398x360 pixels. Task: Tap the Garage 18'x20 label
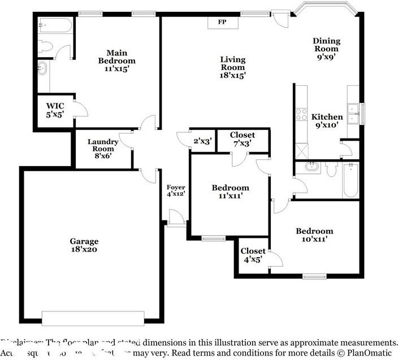pyautogui.click(x=84, y=245)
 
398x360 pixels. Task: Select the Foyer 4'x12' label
pyautogui.click(x=176, y=190)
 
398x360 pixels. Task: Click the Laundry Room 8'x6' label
pyautogui.click(x=103, y=149)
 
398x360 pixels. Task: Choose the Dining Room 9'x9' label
pyautogui.click(x=327, y=49)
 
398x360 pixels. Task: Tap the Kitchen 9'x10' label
pyautogui.click(x=327, y=121)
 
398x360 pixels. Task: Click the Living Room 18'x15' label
pyautogui.click(x=232, y=67)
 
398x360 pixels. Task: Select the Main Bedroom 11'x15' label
pyautogui.click(x=116, y=60)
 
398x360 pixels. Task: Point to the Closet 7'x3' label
pyautogui.click(x=242, y=139)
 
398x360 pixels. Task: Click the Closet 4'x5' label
pyautogui.click(x=253, y=255)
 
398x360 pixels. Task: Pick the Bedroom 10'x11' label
pyautogui.click(x=314, y=235)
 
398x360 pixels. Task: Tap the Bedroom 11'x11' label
pyautogui.click(x=230, y=192)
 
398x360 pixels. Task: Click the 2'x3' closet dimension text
pyautogui.click(x=202, y=141)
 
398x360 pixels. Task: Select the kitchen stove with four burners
pyautogui.click(x=301, y=115)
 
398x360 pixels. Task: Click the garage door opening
pyautogui.click(x=89, y=318)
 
